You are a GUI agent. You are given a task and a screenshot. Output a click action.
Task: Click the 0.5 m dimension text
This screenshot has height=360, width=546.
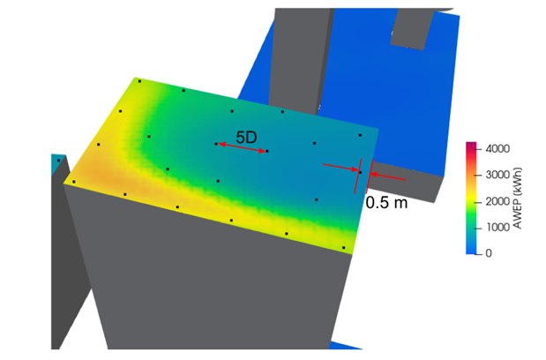[x=386, y=203]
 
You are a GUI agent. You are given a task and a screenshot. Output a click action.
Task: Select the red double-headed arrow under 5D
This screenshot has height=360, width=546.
[x=241, y=147]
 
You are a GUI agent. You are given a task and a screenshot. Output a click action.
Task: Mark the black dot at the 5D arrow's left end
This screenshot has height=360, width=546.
[x=216, y=143]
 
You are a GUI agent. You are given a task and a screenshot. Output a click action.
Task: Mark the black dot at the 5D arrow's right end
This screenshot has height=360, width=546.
[x=266, y=152]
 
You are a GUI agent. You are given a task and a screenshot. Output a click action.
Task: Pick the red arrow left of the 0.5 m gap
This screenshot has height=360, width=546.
[x=340, y=168]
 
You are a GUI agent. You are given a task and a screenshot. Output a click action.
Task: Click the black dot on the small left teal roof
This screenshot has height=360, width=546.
[x=58, y=160]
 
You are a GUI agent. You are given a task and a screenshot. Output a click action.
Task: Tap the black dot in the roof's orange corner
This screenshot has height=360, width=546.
[x=74, y=182]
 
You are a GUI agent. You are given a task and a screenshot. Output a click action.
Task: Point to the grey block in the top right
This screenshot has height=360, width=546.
[x=415, y=22]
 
